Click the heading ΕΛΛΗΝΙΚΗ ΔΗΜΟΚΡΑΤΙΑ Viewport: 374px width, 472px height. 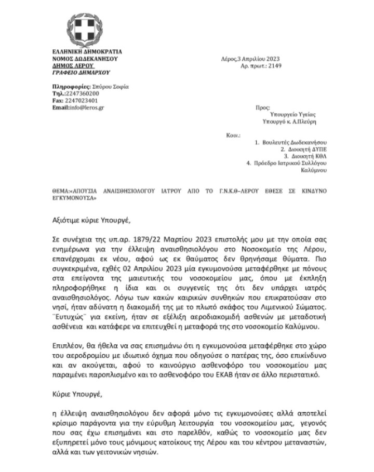(x=88, y=52)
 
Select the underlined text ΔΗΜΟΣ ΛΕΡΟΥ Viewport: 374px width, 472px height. (x=73, y=66)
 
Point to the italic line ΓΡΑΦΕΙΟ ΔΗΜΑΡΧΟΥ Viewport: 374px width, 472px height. (x=79, y=73)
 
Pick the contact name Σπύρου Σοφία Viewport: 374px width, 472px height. (x=111, y=86)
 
